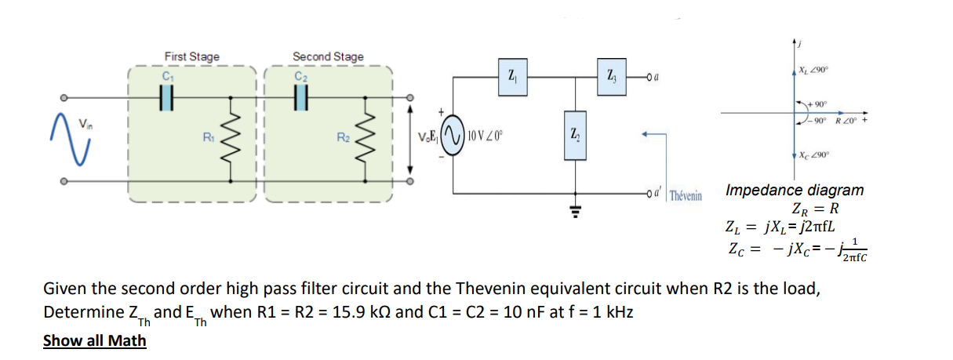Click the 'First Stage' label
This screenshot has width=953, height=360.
tap(191, 56)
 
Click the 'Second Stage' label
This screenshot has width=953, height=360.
tap(328, 56)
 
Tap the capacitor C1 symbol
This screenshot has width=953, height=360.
tap(166, 98)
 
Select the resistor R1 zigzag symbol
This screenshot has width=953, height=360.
tap(230, 139)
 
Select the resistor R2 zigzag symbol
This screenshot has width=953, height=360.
tap(366, 139)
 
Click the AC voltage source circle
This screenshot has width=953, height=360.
tap(454, 138)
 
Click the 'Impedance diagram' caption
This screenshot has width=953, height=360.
tap(794, 190)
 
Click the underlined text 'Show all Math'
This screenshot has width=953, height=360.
tap(94, 340)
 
